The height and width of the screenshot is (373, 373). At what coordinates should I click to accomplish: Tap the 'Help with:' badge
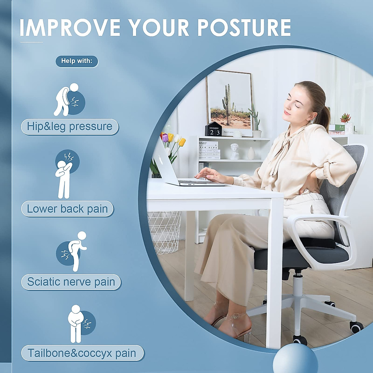pos(77,61)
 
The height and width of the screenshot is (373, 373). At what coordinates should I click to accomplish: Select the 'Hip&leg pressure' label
pos(70,127)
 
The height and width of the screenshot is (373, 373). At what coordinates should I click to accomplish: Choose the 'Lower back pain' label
pos(67,209)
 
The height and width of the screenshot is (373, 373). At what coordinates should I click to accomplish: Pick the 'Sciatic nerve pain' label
pos(71,282)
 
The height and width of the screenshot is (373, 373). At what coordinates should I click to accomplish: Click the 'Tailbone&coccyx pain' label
pos(82,353)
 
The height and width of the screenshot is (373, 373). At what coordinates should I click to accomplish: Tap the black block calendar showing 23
pos(214,130)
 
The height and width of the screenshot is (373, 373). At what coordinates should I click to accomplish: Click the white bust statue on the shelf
pos(235,151)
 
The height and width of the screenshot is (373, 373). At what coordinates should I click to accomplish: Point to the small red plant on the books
pos(345,118)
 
